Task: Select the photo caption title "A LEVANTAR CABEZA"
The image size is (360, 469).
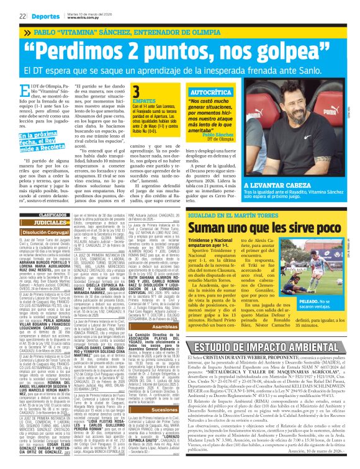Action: tap(277, 185)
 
